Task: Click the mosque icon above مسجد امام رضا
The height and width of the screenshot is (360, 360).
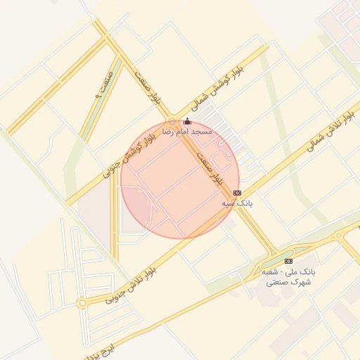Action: (187, 122)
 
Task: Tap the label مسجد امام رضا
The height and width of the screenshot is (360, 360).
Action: (187, 131)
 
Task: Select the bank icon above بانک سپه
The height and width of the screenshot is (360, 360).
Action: (237, 193)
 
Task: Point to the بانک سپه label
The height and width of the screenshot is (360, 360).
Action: (237, 202)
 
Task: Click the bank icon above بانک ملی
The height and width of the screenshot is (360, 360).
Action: (288, 262)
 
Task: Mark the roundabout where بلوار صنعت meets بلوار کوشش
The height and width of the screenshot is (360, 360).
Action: (172, 121)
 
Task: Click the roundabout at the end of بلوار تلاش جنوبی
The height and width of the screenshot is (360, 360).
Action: (82, 303)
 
